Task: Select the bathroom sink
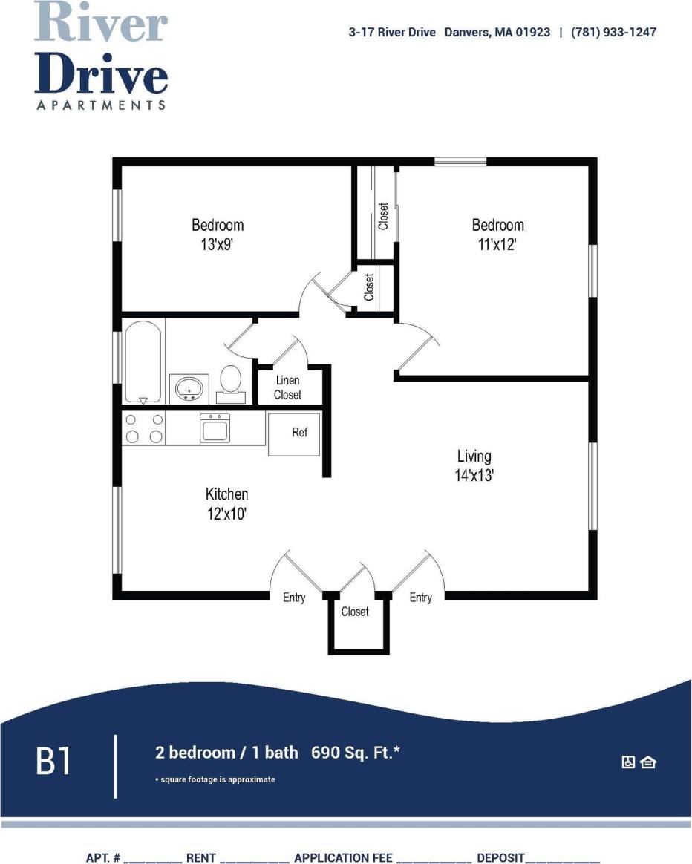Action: [189, 387]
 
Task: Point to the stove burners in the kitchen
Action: [143, 428]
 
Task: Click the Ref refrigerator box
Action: [294, 434]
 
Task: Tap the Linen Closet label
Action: [287, 387]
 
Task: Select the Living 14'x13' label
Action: [474, 465]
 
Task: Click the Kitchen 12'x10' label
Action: [226, 503]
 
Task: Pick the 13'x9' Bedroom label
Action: [218, 234]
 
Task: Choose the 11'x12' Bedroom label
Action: [497, 234]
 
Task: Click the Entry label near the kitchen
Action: [294, 598]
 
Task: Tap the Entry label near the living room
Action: [421, 598]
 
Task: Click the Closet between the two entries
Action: [355, 612]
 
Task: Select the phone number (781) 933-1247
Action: [613, 32]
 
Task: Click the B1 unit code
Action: [54, 762]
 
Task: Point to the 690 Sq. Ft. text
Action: [356, 753]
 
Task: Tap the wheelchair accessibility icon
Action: [628, 762]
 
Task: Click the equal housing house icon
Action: [648, 762]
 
